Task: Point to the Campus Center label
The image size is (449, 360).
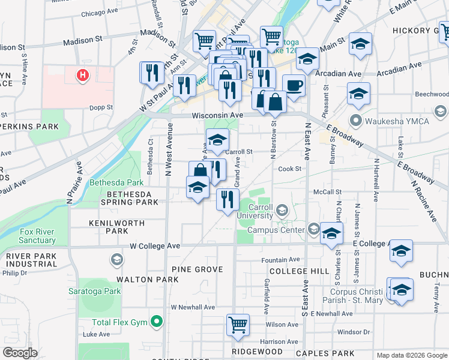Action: pos(277,229)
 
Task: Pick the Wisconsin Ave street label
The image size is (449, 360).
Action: pos(217,115)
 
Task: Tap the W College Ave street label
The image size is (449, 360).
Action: pos(155,246)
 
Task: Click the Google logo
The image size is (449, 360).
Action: pos(20,353)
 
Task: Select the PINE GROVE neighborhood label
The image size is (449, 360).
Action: pos(197,269)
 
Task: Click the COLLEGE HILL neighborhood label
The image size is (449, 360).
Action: pos(295,271)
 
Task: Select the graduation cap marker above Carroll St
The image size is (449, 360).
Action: pos(217,140)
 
